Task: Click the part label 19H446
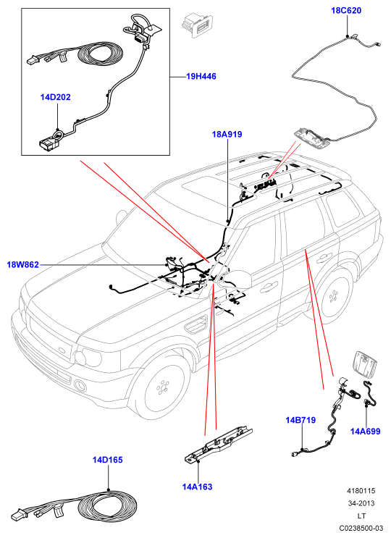tap(201, 76)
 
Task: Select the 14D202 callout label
tap(55, 97)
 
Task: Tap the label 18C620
tap(346, 11)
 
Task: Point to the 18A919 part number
tap(227, 134)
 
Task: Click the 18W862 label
tap(22, 265)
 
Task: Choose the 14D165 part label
tap(107, 460)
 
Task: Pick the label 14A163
tap(197, 487)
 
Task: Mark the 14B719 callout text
tap(300, 420)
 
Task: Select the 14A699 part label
tap(365, 432)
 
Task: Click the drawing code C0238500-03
tap(361, 528)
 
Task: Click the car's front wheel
tap(162, 387)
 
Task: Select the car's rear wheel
tap(332, 296)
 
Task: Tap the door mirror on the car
tap(238, 279)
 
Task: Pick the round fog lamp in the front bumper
tap(80, 385)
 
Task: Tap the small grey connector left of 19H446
tap(197, 25)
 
